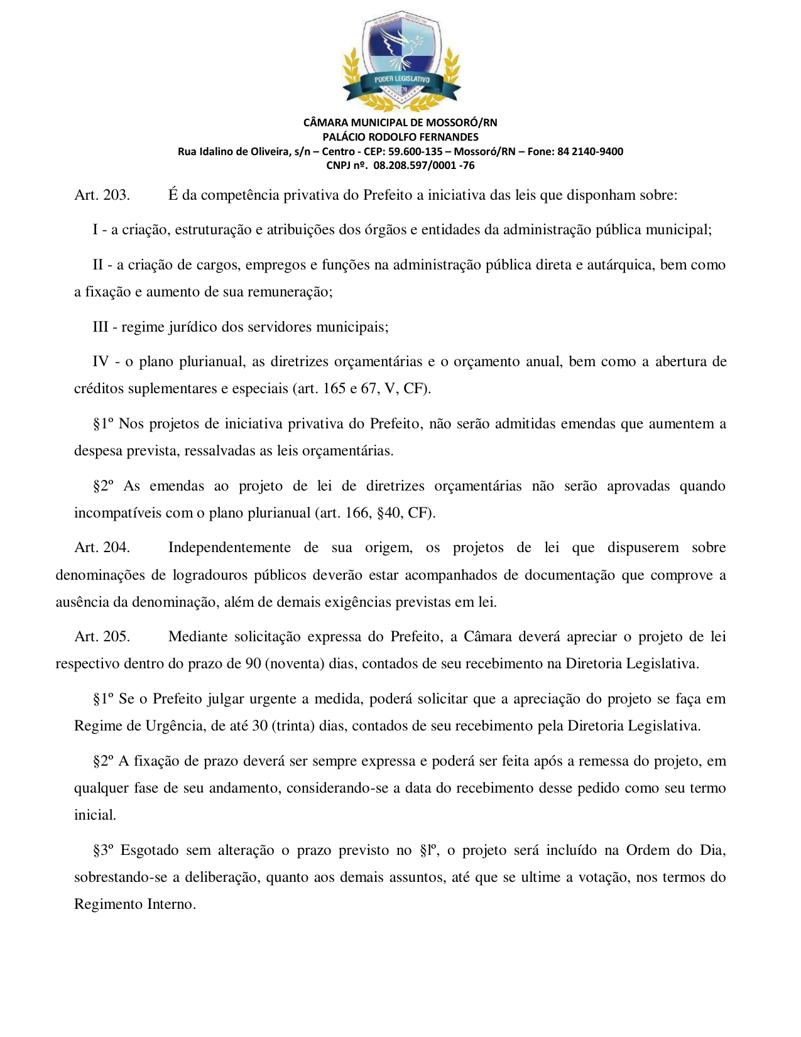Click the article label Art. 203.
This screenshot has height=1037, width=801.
pos(102,195)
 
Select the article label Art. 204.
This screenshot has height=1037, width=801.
pos(102,548)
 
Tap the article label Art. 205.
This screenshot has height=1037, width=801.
pos(102,637)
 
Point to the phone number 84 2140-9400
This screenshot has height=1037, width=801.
pos(590,151)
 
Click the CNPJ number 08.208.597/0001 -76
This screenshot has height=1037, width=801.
pos(423,166)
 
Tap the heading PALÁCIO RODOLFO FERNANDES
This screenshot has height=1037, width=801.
pos(400,137)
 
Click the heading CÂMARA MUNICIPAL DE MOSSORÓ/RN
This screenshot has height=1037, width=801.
pos(400,122)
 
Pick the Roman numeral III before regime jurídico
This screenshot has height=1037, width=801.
pos(101,327)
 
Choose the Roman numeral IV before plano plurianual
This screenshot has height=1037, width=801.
pos(101,362)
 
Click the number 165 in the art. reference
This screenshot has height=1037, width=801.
pos(334,389)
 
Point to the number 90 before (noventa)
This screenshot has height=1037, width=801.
pos(253,664)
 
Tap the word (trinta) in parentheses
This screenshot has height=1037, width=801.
pos(293,726)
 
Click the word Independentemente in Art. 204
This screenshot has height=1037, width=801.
pos(229,548)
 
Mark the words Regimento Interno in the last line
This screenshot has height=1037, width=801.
pos(134,904)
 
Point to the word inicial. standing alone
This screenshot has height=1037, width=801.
pos(95,815)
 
